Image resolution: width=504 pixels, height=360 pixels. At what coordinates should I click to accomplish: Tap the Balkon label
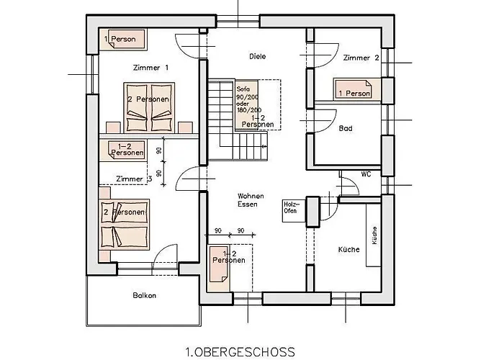click(144, 295)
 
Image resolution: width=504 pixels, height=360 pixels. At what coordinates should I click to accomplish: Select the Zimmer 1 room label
click(150, 68)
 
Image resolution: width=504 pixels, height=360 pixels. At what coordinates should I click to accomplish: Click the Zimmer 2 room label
click(361, 58)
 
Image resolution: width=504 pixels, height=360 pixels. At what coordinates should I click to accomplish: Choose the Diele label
click(258, 55)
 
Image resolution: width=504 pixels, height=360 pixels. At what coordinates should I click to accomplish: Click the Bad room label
click(346, 129)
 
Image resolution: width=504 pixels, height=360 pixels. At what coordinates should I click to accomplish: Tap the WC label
click(366, 174)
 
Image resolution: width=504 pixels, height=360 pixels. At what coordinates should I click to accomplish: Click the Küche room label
click(349, 250)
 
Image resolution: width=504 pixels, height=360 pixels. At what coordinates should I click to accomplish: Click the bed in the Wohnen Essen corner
click(220, 267)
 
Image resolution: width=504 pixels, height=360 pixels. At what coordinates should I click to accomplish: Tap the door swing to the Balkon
click(167, 256)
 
